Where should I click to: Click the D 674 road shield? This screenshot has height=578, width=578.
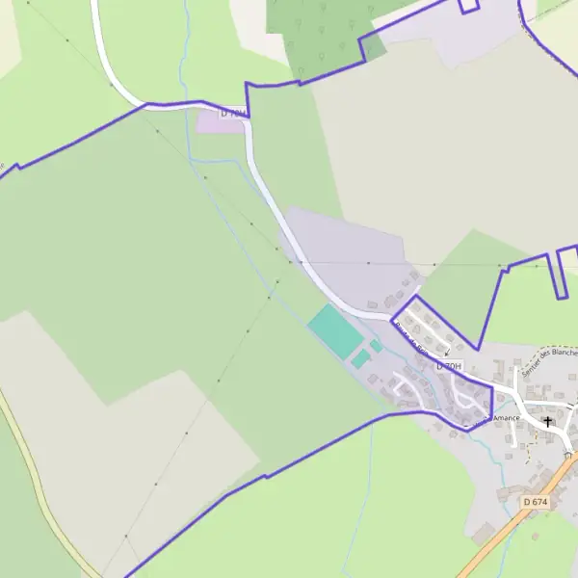[x=535, y=502]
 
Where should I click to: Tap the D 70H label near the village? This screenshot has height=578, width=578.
[x=449, y=367]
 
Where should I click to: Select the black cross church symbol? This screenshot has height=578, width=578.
[x=548, y=421]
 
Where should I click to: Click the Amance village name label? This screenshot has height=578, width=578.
[x=507, y=418]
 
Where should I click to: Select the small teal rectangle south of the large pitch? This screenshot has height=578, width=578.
[x=360, y=359]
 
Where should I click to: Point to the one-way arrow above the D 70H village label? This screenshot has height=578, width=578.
[x=447, y=352]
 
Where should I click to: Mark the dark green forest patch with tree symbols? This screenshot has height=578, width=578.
[x=323, y=34]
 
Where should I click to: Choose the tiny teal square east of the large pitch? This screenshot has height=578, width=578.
[x=376, y=345]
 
